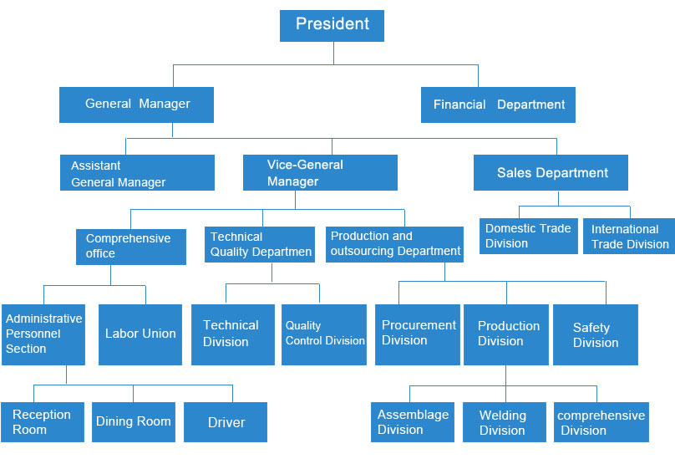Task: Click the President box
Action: click(332, 26)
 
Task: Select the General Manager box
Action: click(136, 105)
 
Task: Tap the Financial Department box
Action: click(498, 105)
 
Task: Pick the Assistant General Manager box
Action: click(137, 172)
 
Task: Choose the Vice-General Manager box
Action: click(320, 172)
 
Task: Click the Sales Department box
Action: click(551, 172)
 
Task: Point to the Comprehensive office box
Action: click(131, 247)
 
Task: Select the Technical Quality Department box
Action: click(260, 244)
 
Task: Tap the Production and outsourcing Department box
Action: click(394, 244)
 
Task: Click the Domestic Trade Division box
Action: click(529, 236)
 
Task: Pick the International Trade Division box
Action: click(629, 236)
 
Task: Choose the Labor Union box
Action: click(140, 335)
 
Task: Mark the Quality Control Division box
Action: click(324, 335)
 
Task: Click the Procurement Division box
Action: click(418, 335)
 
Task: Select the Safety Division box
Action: click(596, 335)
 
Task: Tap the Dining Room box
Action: click(134, 422)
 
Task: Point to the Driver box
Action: click(226, 422)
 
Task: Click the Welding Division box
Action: click(505, 422)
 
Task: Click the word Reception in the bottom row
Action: click(42, 415)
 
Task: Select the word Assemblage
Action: click(414, 415)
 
